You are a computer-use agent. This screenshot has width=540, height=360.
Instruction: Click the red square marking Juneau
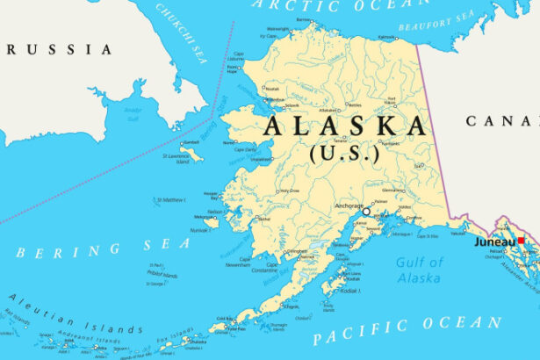521,241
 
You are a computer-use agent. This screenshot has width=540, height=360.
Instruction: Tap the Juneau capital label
495,241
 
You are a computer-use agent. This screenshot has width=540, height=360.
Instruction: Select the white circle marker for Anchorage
366,212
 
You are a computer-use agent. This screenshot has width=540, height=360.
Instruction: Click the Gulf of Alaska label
420,270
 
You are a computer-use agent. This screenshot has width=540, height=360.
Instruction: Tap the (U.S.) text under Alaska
344,153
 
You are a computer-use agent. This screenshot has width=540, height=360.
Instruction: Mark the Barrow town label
304,19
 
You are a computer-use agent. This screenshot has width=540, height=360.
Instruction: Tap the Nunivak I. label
199,230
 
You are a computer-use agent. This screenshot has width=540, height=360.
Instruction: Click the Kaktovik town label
385,37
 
